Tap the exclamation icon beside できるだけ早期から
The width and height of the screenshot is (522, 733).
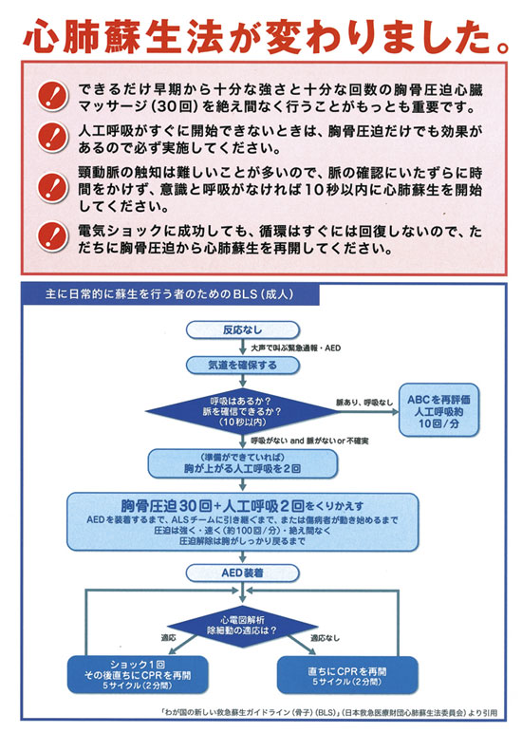click(x=53, y=96)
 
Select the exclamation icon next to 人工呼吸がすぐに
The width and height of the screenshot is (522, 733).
click(x=53, y=137)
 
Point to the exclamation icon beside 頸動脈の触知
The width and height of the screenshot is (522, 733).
click(x=53, y=187)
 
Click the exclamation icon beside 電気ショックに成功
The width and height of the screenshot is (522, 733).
click(x=53, y=236)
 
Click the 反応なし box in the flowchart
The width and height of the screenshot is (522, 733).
click(x=243, y=330)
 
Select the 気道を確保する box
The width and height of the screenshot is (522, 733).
click(x=243, y=366)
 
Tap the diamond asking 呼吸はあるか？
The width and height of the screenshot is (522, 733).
click(x=242, y=412)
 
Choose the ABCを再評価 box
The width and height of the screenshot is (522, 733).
click(x=438, y=411)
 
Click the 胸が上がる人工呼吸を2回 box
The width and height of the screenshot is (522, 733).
click(x=243, y=463)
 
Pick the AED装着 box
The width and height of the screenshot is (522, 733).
click(x=243, y=573)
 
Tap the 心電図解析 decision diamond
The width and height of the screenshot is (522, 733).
click(x=242, y=626)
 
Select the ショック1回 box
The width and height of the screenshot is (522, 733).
click(x=138, y=674)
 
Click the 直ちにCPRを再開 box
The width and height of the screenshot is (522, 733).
click(x=347, y=675)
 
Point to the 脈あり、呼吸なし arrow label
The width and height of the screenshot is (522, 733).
click(x=364, y=403)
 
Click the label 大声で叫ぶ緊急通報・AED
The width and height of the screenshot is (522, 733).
click(x=296, y=348)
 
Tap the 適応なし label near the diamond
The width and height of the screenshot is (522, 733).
click(x=326, y=638)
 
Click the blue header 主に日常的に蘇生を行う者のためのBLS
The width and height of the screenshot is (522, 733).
click(x=170, y=294)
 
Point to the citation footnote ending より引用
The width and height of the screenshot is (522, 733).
click(x=328, y=713)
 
